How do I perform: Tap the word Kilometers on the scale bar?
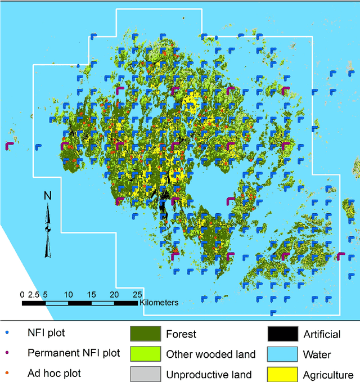point(159,303)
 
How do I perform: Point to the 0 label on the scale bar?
point(22,295)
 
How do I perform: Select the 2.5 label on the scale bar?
point(34,295)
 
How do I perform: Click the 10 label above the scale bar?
point(69,295)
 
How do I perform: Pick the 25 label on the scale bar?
point(137,295)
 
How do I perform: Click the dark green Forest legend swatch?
point(146,334)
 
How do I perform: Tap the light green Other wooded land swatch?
point(146,354)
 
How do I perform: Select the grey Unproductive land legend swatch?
point(146,374)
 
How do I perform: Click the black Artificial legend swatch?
point(283,334)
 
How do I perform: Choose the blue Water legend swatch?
point(283,354)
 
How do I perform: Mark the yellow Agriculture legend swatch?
point(283,374)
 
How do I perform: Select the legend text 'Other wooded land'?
point(211,354)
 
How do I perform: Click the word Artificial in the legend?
point(322,334)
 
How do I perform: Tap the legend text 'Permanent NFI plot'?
point(74,353)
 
